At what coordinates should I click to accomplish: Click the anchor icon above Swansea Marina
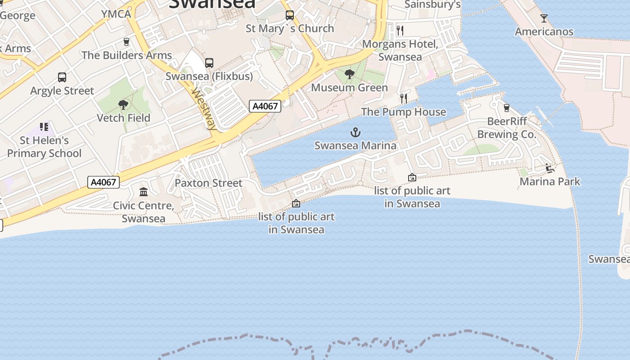[355, 132]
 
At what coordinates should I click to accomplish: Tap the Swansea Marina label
[355, 145]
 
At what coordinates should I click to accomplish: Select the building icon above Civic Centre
[144, 192]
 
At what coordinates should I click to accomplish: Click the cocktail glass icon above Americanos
[544, 18]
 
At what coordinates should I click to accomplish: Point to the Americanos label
[544, 31]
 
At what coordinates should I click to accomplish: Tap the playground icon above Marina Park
[549, 168]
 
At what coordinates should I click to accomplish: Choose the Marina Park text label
[550, 181]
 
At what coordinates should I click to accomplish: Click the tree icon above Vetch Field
[123, 105]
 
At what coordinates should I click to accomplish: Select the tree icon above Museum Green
[349, 74]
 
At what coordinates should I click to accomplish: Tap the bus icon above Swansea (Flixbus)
[209, 63]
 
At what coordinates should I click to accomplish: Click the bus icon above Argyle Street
[62, 77]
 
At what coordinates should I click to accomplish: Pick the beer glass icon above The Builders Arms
[126, 42]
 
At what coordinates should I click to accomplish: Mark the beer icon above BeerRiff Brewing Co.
[507, 108]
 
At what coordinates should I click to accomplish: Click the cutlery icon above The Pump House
[404, 98]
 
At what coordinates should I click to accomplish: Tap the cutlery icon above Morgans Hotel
[400, 31]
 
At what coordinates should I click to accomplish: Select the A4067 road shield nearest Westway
[265, 106]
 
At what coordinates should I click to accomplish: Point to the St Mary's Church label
[290, 28]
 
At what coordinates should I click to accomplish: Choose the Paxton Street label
[208, 183]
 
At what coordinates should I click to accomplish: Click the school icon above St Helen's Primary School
[44, 127]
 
